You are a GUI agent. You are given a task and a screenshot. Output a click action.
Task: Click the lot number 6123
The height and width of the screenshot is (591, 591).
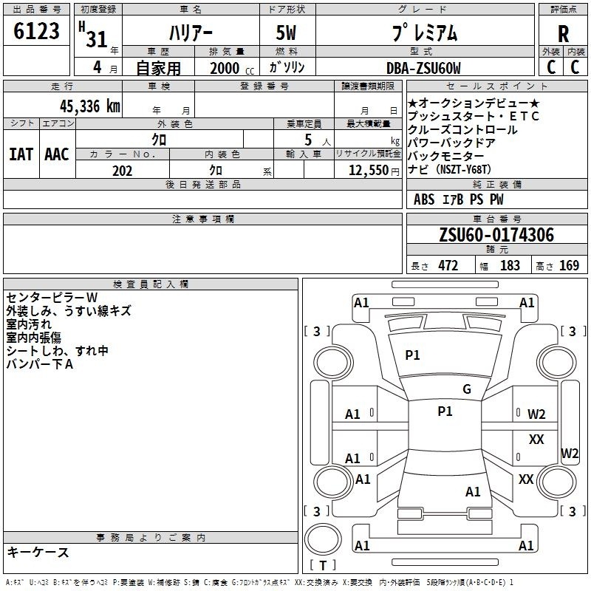point(36,31)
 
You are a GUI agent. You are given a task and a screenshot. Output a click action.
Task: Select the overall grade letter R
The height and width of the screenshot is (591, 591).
point(563,34)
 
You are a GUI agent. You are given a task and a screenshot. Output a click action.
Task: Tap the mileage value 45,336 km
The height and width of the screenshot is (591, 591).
point(89,106)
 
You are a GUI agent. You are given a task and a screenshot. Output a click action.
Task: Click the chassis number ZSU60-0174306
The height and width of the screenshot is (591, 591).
point(496,235)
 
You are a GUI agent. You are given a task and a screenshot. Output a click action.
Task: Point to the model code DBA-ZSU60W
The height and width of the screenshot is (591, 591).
point(423,68)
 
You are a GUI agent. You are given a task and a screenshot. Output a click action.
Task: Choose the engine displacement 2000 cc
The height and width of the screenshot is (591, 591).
point(232,69)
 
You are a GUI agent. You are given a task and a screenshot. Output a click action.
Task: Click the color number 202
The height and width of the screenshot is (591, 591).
point(122,171)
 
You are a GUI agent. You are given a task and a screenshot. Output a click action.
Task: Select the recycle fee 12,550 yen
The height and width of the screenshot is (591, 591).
point(374,171)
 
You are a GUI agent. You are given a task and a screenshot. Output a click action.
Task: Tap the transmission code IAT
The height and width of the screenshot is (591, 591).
point(21,154)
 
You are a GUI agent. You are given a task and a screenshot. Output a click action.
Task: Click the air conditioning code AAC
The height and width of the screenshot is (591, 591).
point(57,154)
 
